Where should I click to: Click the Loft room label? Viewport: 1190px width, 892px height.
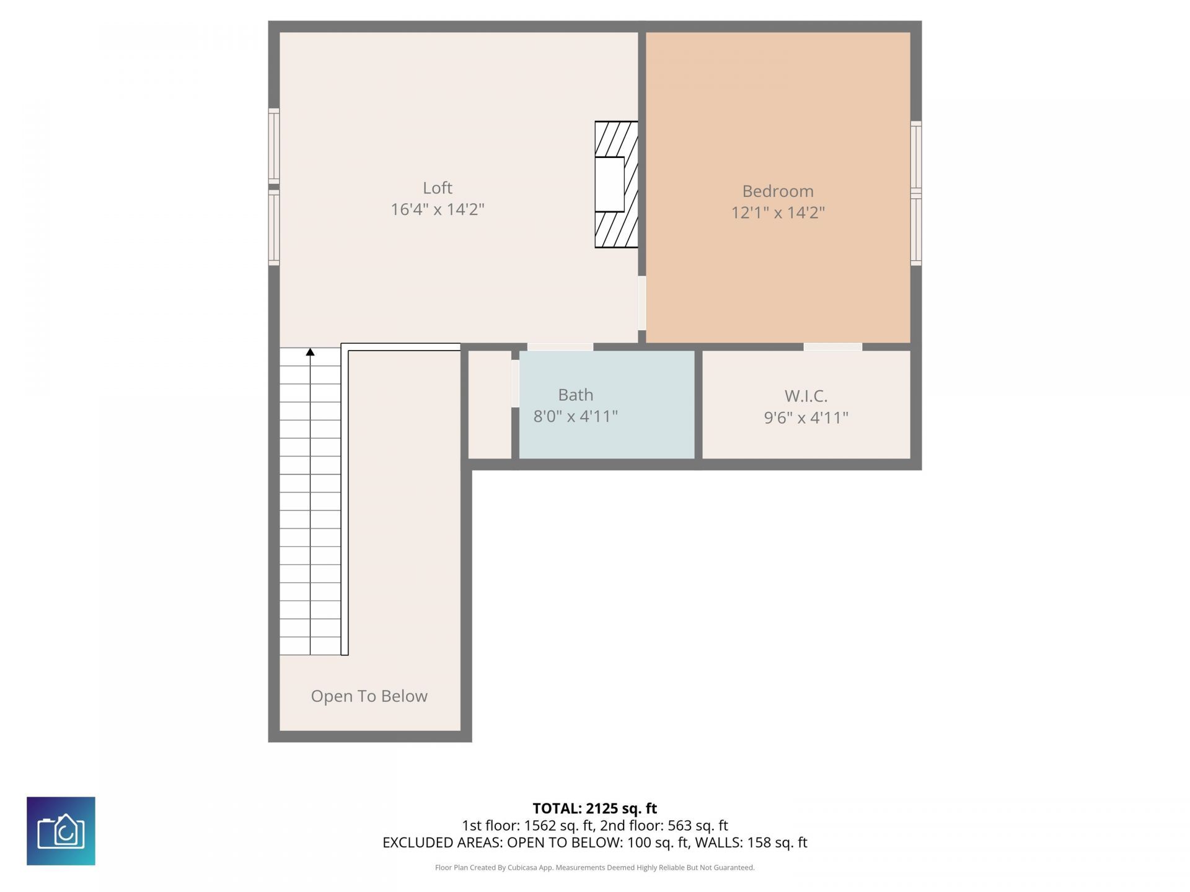pos(437,188)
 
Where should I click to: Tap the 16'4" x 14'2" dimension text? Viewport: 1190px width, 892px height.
pos(437,209)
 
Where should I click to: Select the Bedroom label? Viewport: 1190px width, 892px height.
pos(777,191)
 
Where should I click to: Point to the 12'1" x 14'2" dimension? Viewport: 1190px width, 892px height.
pos(777,212)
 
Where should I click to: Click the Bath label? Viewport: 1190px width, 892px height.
pos(575,395)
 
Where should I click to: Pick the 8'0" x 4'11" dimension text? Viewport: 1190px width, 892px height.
pos(575,416)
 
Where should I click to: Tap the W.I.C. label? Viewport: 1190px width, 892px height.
pos(805,396)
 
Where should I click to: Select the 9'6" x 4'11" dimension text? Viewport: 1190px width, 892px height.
pos(805,418)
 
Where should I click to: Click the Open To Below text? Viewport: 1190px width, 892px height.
pos(369,696)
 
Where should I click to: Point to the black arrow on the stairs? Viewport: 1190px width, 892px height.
pos(310,352)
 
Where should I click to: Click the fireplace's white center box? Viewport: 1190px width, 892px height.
pos(610,185)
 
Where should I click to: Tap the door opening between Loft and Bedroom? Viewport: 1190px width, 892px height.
pos(642,303)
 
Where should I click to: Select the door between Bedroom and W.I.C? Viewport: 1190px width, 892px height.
pos(832,347)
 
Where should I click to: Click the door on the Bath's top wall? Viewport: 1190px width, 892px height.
pos(560,347)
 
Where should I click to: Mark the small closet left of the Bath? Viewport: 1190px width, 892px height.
pos(489,404)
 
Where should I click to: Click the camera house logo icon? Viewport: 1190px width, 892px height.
pos(61,831)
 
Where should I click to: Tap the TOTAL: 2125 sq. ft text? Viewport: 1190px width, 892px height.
pos(594,808)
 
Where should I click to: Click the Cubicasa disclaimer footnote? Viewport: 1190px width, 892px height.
pos(594,868)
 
